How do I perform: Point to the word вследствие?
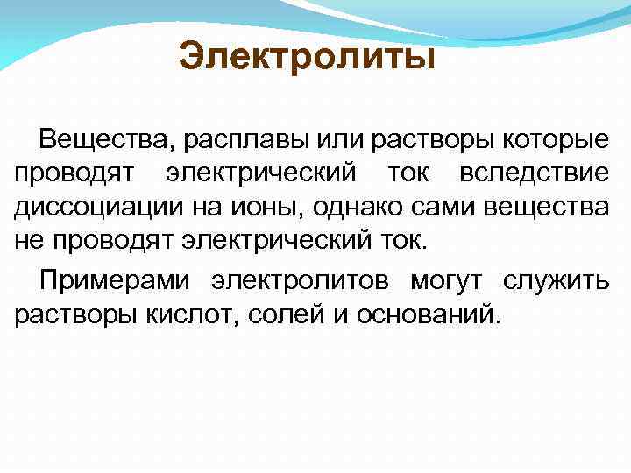point(549,174)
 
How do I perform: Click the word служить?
point(565,281)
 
